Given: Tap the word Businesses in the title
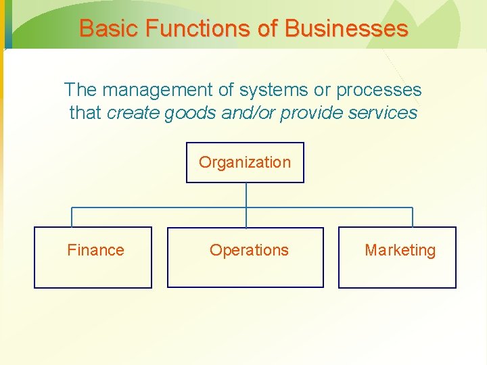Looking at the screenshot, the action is (x=346, y=28).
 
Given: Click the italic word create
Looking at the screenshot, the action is (x=133, y=113).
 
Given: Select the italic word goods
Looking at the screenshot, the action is (x=187, y=113).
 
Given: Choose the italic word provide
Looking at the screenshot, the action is (x=310, y=113).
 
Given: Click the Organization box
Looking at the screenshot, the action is (x=245, y=163).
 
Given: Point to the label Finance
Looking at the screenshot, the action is (x=95, y=250).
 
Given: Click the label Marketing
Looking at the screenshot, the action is (x=400, y=250).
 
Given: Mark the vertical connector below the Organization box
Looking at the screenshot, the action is (x=246, y=195).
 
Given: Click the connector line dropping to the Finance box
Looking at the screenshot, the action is (x=72, y=217).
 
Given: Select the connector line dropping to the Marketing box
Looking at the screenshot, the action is (x=413, y=217).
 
